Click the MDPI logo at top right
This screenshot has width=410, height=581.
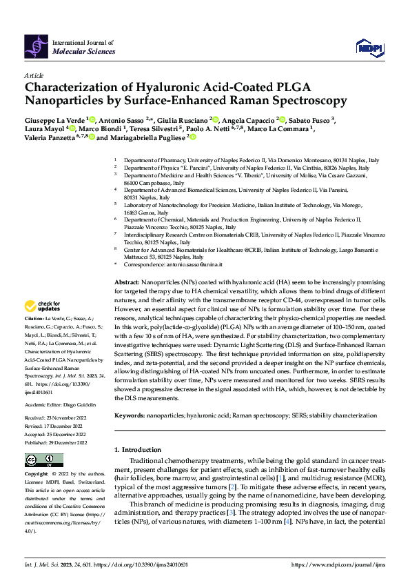tap(368, 46)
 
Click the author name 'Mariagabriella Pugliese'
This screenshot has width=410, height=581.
tap(149, 137)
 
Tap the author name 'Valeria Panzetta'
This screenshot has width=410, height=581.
tap(52, 137)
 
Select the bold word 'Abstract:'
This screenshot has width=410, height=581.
tap(126, 284)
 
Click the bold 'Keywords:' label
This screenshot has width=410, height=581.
tap(130, 416)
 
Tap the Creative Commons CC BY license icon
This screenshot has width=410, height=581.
tap(43, 460)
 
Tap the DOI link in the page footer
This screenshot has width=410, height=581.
tap(143, 564)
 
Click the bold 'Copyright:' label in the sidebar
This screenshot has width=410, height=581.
tap(36, 475)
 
